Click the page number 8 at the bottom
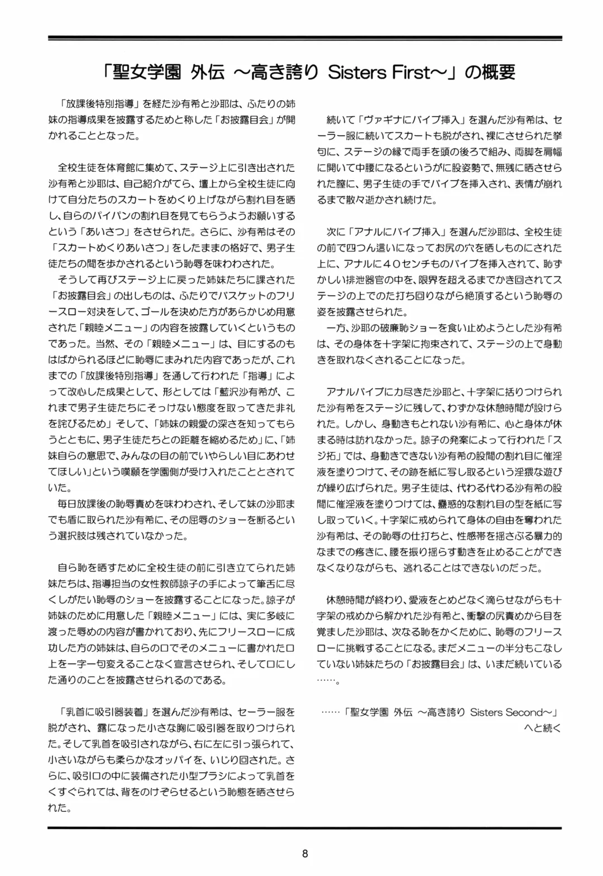click(305, 853)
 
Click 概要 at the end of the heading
click(497, 72)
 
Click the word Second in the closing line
click(520, 712)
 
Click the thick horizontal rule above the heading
click(305, 38)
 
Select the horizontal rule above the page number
click(305, 828)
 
